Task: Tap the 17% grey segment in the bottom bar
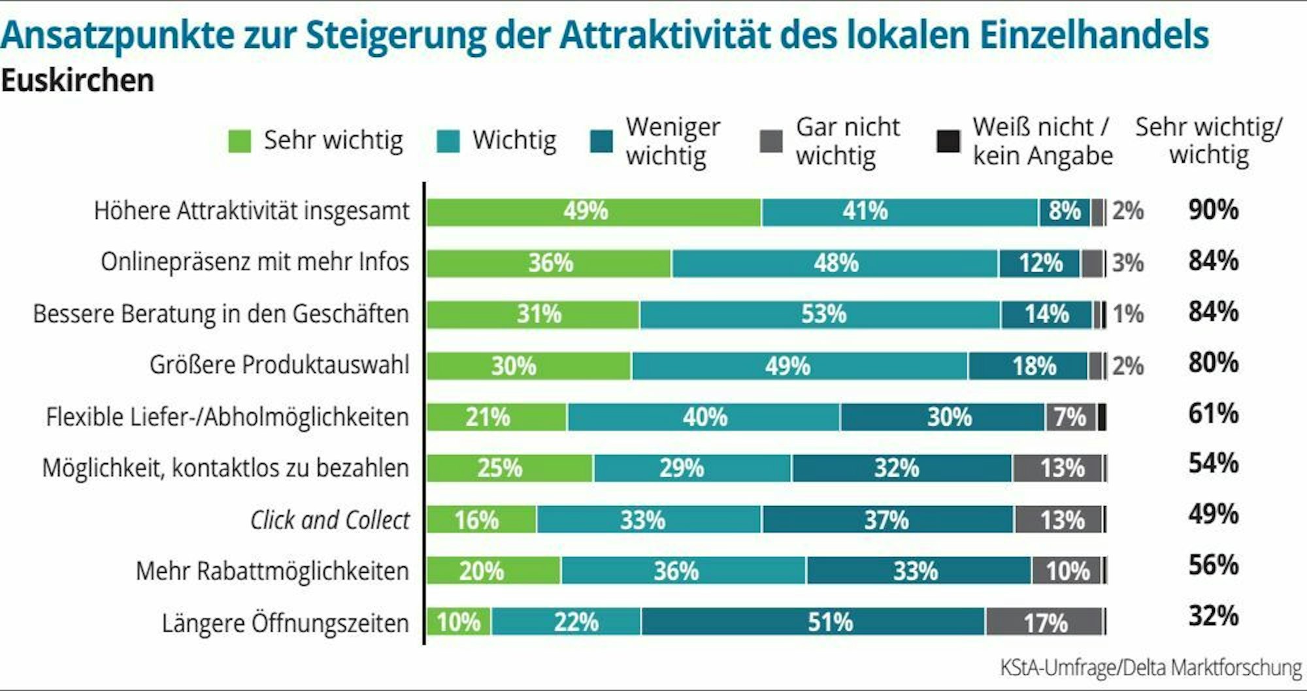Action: click(1044, 622)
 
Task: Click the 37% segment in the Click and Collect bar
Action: click(887, 520)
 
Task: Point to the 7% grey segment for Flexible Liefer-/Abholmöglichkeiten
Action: click(1070, 417)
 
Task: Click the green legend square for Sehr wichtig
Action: click(240, 141)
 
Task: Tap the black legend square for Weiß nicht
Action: click(948, 141)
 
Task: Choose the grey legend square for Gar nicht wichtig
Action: click(772, 141)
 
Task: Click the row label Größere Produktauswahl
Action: click(279, 365)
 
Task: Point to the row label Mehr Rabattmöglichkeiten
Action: click(272, 571)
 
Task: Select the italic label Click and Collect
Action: click(330, 521)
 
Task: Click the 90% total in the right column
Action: click(1213, 210)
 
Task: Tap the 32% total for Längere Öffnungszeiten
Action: click(1213, 617)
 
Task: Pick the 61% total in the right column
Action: click(1213, 414)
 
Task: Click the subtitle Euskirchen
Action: click(78, 81)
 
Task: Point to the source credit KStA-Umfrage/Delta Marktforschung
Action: click(1151, 668)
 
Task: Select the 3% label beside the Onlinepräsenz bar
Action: click(1128, 263)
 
